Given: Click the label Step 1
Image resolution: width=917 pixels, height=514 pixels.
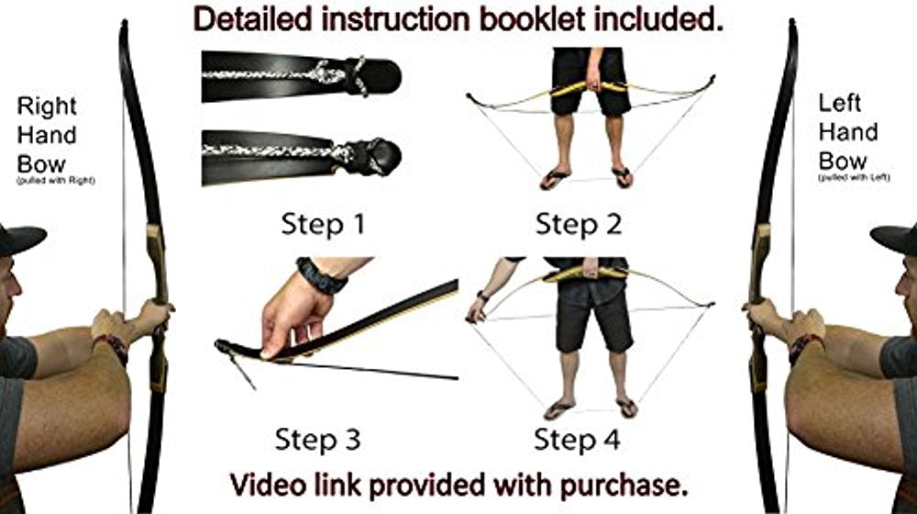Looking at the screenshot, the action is coord(323,224).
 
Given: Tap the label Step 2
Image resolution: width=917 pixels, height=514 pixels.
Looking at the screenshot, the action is coord(579,224).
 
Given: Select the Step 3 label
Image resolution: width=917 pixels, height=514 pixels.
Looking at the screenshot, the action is coord(317,439).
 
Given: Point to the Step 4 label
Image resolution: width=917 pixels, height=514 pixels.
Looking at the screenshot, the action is coord(577,439).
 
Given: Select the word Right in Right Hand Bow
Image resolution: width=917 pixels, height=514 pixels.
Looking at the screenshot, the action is coord(47,106).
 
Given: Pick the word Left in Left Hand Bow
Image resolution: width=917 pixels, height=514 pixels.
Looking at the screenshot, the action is coord(839,104).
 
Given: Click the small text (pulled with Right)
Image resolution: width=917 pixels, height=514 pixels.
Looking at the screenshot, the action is coord(56,180).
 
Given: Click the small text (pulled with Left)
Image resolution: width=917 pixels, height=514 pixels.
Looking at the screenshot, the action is coord(854,177).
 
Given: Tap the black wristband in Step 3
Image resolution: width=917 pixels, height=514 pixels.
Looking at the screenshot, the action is coord(321,275).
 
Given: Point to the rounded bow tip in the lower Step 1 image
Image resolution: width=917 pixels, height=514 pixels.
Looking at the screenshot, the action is coord(381,156).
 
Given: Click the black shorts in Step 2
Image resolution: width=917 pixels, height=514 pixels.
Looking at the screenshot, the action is coord(591,81).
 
